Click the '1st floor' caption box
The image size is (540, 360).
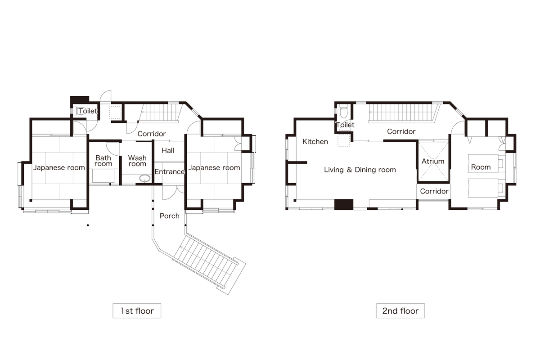137,311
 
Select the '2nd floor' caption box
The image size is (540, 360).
400,311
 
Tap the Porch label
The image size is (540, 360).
170,216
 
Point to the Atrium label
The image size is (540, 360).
433,161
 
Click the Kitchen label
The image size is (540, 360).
315,142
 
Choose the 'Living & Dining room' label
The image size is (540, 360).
360,170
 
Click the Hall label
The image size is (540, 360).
168,150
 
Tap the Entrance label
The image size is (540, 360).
170,172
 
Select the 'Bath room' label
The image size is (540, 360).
103,161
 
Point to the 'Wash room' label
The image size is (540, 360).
137,161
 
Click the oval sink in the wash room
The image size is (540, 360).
145,179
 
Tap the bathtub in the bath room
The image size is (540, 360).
103,176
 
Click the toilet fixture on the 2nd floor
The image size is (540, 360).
343,111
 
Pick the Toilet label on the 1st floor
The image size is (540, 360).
88,111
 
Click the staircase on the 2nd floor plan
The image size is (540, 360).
403,112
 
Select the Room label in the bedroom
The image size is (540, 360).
481,167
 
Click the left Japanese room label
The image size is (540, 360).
59,167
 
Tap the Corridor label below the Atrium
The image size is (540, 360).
434,191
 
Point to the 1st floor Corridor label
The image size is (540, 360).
152,134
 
